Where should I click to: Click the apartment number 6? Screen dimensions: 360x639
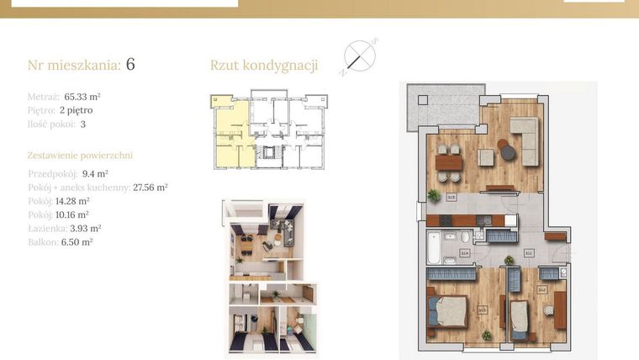pos(130,65)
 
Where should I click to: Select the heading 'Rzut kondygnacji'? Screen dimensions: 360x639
pos(263,66)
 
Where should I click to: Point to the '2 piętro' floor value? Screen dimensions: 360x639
pos(76,110)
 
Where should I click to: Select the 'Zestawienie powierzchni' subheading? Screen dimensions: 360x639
pos(80,156)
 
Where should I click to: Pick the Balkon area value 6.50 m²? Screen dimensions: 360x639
pos(76,241)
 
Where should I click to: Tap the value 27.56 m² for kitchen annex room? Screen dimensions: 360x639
pos(151,188)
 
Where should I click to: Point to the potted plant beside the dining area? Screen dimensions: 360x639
pos(434,194)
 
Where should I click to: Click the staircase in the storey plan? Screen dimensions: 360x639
pos(270,154)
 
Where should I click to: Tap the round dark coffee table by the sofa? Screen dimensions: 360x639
pos(504,145)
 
